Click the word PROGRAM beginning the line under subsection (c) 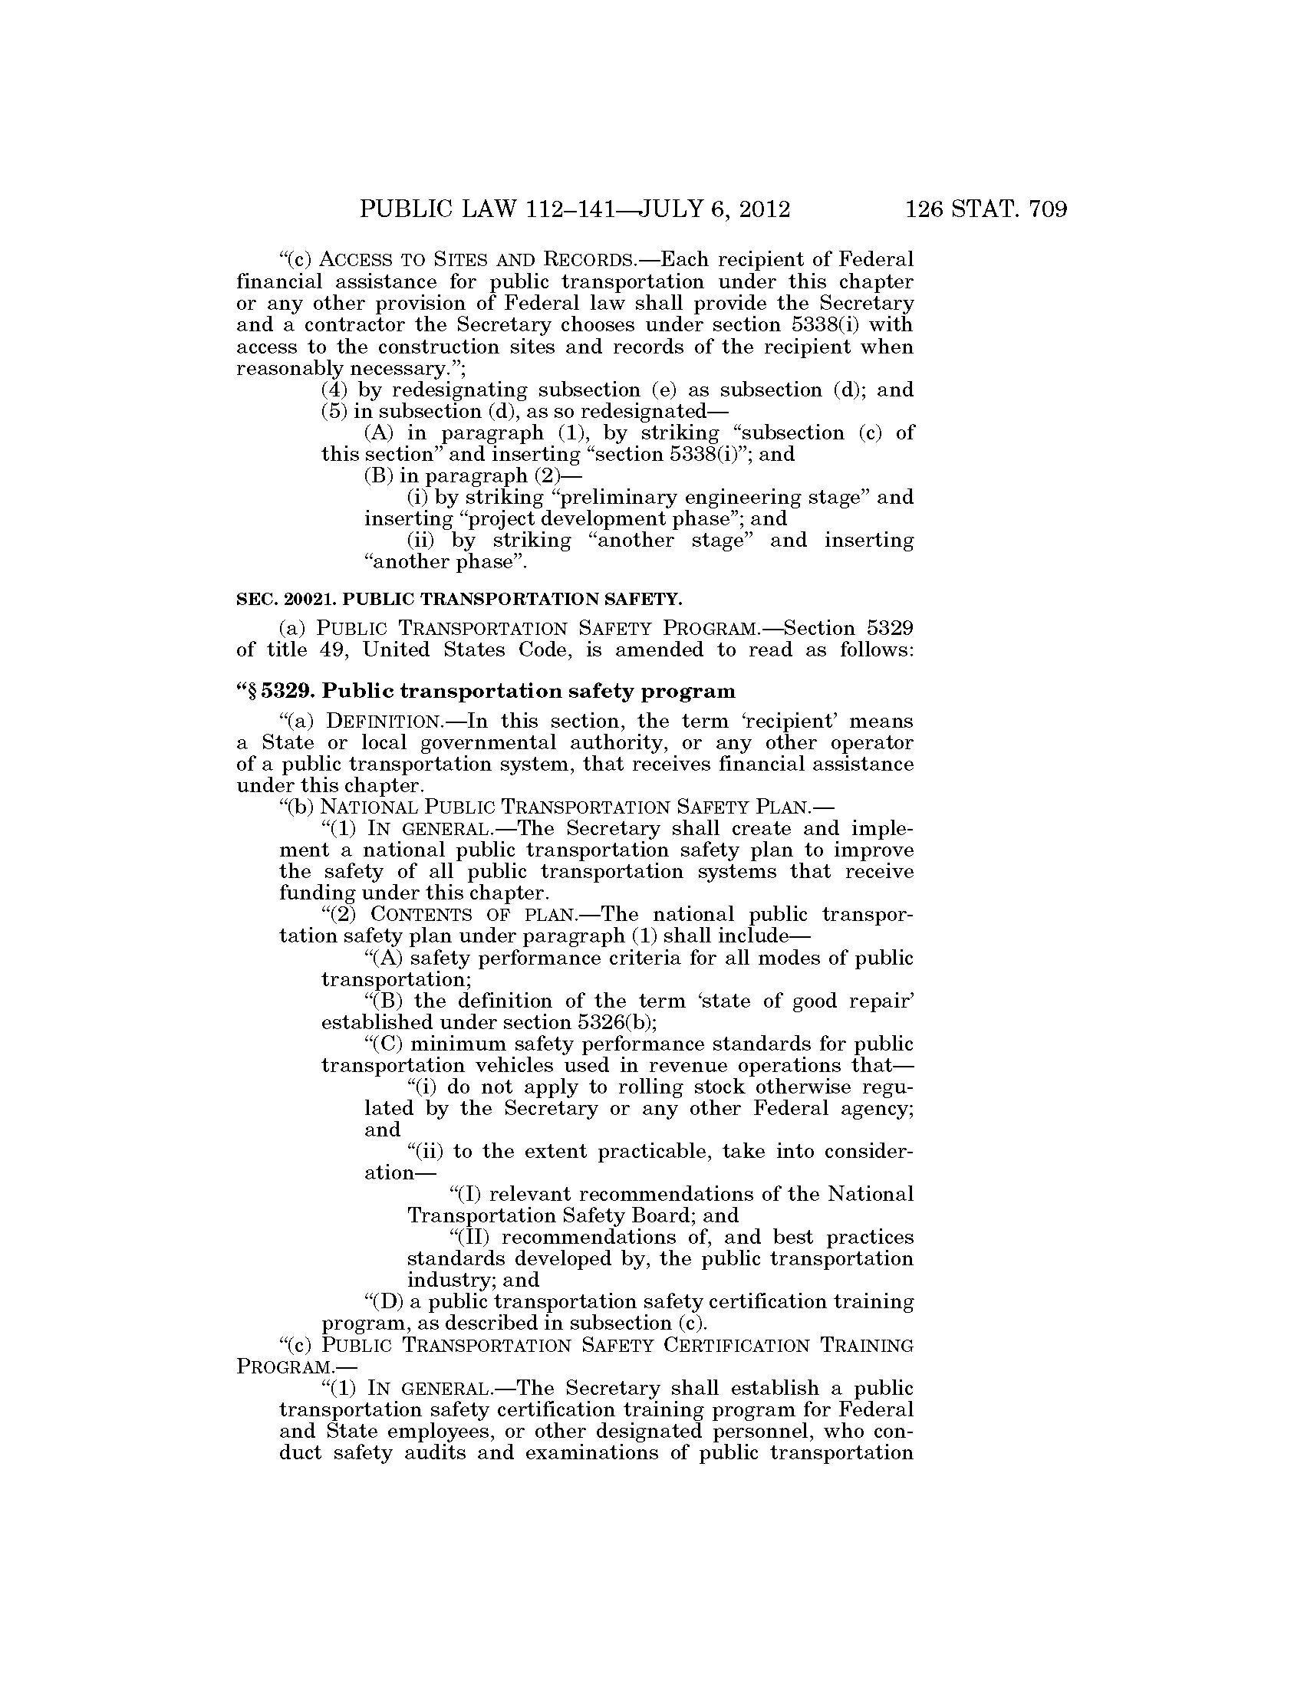[x=269, y=1366]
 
